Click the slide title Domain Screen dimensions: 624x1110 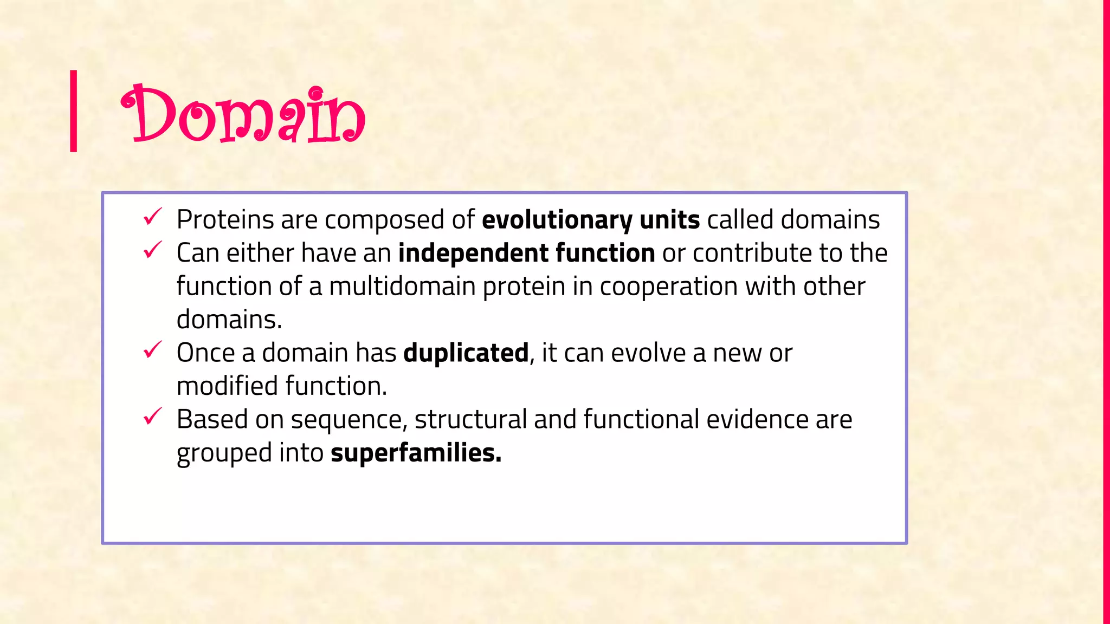[x=243, y=115]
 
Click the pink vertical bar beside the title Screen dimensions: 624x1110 [x=74, y=111]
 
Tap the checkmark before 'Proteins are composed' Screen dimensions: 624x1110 [x=152, y=217]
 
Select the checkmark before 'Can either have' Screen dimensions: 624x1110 [x=152, y=250]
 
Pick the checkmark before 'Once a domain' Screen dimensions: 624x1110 [x=152, y=350]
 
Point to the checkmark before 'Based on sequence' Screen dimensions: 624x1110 [x=152, y=417]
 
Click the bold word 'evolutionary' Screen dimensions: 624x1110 [x=557, y=220]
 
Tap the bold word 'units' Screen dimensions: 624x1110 [x=669, y=220]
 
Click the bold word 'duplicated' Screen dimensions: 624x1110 [x=466, y=353]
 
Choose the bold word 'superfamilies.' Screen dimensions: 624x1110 [x=416, y=453]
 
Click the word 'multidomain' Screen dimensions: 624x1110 [x=402, y=287]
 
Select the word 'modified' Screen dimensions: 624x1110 [x=227, y=386]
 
